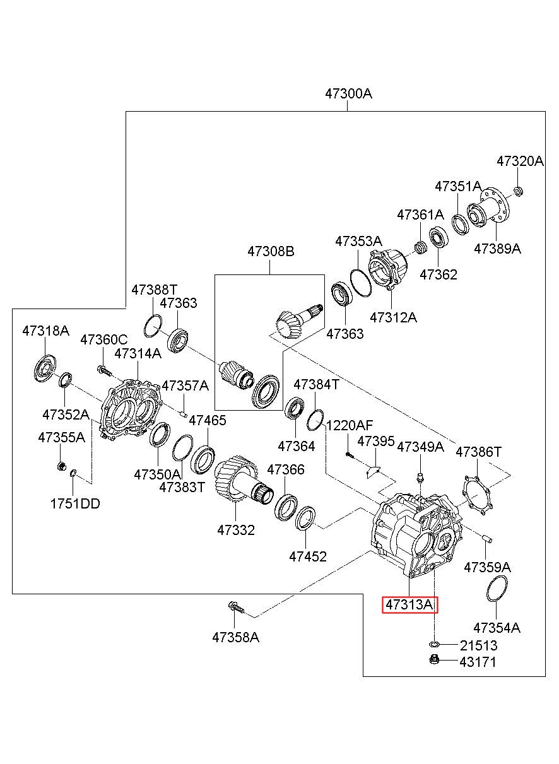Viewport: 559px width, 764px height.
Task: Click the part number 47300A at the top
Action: coord(348,93)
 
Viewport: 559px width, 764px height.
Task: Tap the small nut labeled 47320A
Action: coord(518,191)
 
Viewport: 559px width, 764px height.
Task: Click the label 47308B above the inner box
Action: coord(271,251)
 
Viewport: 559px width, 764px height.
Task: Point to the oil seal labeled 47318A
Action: coord(45,368)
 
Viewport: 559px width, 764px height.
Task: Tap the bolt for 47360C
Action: coord(104,370)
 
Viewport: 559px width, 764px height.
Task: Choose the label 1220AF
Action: coord(350,425)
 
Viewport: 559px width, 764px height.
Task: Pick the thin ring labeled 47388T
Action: coord(153,326)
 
